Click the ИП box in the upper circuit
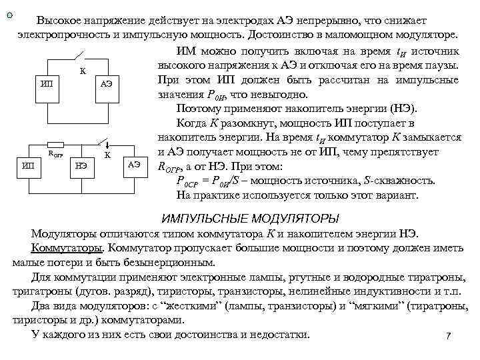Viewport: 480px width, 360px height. click(x=47, y=83)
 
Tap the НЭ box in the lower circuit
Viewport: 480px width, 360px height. click(x=81, y=165)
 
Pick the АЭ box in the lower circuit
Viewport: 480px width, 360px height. click(x=135, y=165)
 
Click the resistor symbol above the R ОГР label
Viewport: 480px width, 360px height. click(x=57, y=145)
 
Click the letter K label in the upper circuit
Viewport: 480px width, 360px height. click(x=83, y=71)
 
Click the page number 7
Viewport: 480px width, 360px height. click(x=449, y=336)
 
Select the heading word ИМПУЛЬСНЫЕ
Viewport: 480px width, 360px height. click(x=204, y=219)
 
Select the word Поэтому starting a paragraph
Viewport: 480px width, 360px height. click(x=197, y=109)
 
